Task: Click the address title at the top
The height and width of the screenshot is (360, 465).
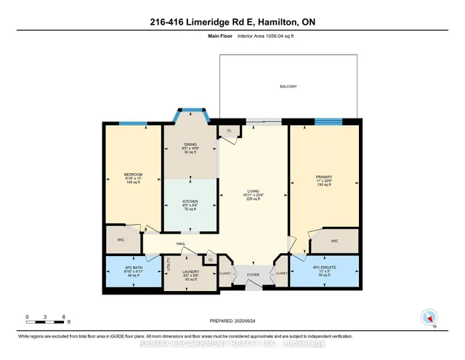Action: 232,23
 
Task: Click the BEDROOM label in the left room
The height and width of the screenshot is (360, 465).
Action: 132,175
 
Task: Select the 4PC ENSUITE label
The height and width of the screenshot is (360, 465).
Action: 325,268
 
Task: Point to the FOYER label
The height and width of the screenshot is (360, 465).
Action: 252,275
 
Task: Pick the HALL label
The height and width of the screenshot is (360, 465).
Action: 180,244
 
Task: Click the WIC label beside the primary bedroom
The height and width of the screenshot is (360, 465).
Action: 334,241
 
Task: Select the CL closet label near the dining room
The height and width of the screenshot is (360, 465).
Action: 230,131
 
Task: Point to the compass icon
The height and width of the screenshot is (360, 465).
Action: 429,318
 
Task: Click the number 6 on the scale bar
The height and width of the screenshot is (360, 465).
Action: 64,317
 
